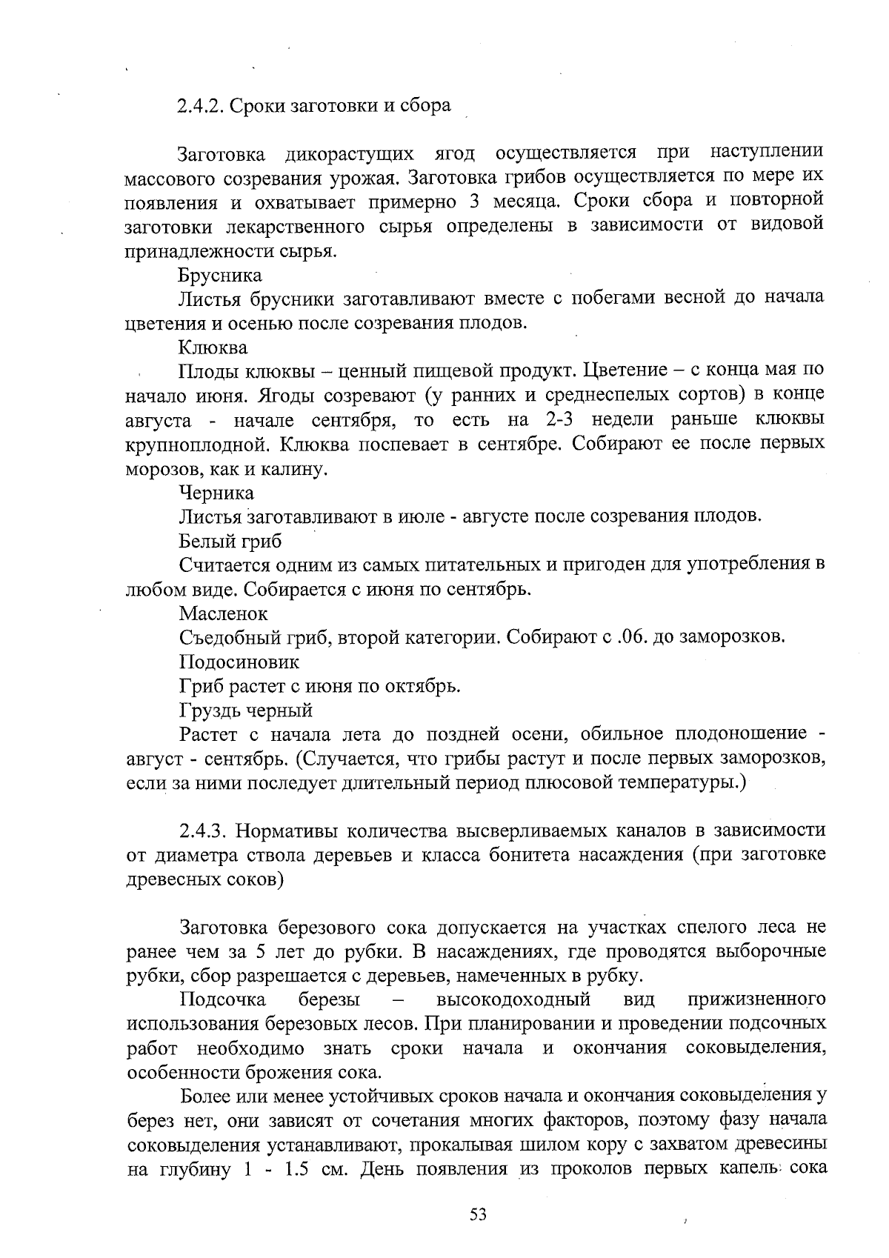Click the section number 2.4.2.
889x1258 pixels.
coord(200,105)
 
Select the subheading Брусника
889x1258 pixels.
coord(220,275)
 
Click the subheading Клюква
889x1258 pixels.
coord(213,347)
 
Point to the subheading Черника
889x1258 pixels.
coord(216,493)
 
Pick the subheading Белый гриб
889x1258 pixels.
coord(230,541)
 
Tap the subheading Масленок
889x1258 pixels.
coord(223,613)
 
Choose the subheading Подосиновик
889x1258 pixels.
coord(239,661)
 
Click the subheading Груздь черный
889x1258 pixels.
coord(246,710)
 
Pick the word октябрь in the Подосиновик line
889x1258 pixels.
coord(428,685)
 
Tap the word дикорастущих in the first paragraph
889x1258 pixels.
coord(349,153)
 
